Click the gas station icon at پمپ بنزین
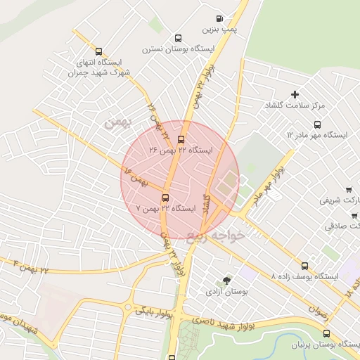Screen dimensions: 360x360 coord(219,19)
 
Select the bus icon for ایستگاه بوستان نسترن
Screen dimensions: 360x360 coord(178,39)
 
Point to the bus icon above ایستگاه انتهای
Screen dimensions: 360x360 coord(98,51)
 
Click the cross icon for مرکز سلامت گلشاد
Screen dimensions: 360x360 coord(295,94)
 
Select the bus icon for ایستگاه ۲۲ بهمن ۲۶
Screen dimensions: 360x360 coord(181,139)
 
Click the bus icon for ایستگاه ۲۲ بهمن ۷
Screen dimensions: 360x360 coord(165,198)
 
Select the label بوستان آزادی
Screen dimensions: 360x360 coord(224,290)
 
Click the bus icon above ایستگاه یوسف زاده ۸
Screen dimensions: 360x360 coord(304,266)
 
